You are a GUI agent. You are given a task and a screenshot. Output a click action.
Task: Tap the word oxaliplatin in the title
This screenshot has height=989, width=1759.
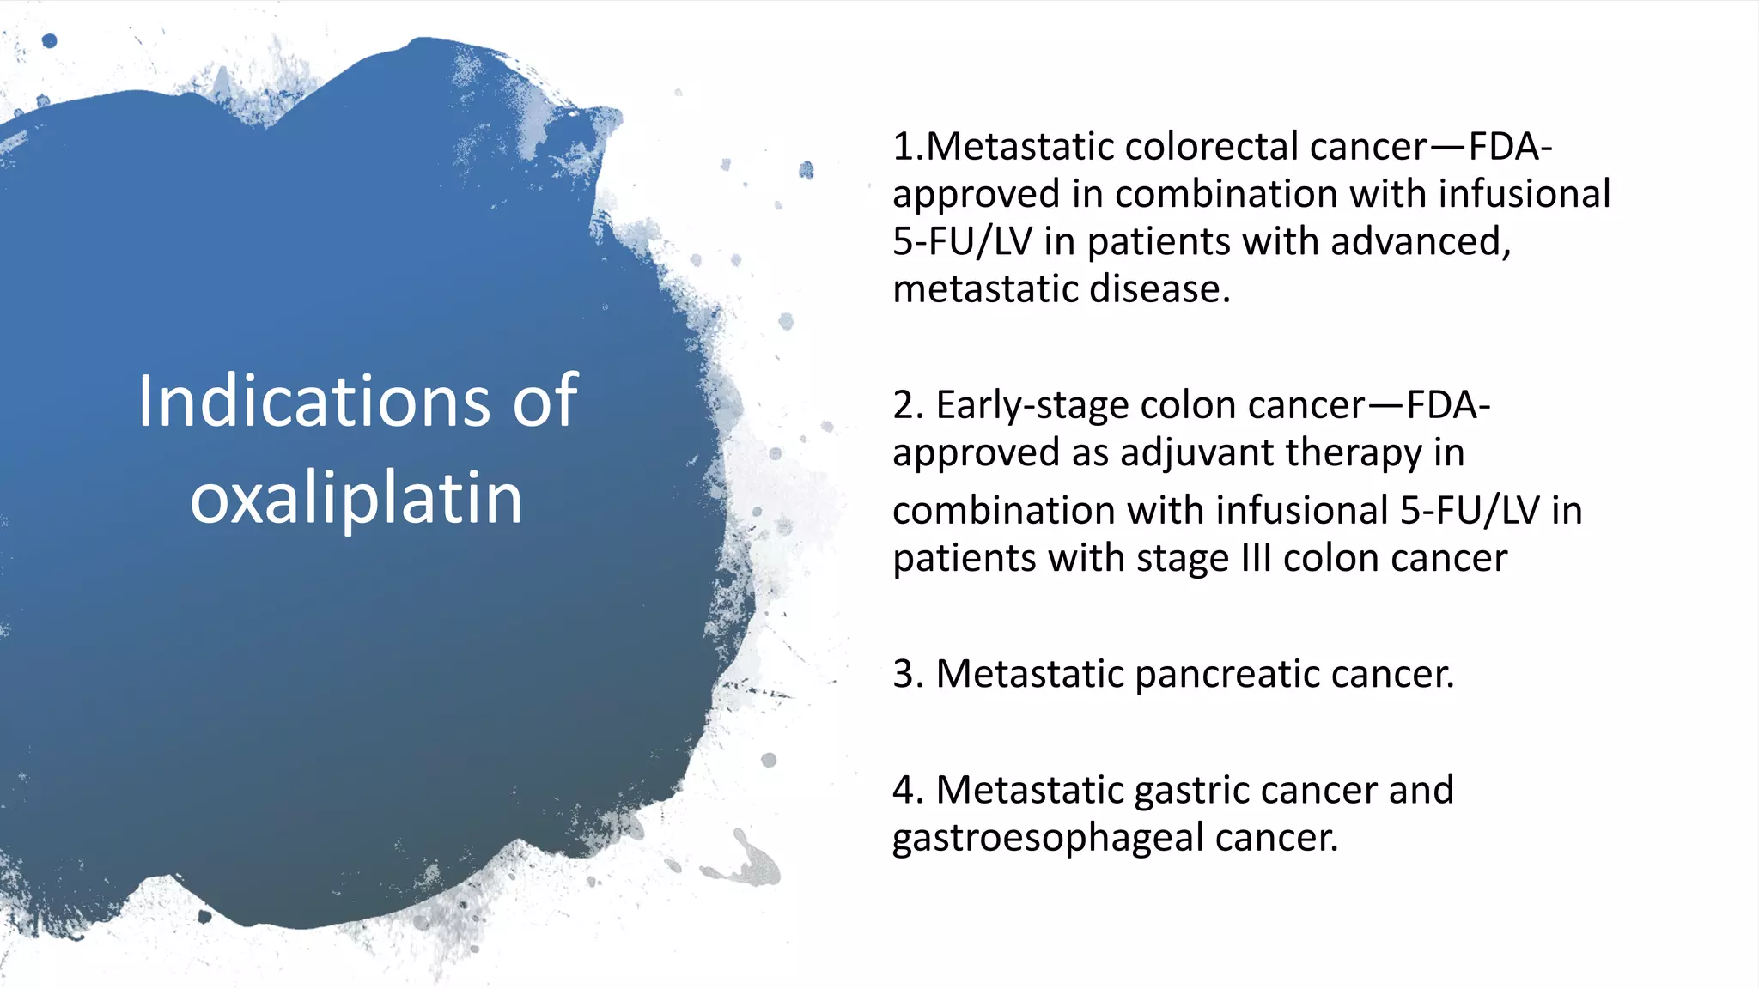tap(356, 498)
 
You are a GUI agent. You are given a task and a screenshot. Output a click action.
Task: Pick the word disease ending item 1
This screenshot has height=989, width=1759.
tap(1159, 289)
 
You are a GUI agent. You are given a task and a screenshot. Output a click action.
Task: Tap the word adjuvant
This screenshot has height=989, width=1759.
tap(1199, 452)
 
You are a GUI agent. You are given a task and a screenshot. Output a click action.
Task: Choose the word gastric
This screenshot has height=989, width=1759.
tap(1202, 790)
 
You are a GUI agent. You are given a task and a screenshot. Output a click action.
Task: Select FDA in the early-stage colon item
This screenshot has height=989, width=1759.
tap(1443, 405)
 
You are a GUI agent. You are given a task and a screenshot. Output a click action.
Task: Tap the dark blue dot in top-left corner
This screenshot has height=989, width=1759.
tap(50, 40)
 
